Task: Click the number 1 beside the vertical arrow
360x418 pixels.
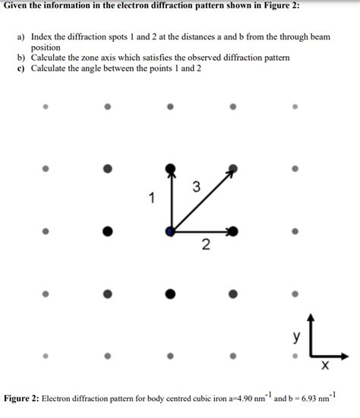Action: [152, 199]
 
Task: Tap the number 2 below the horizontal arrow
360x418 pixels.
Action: [205, 245]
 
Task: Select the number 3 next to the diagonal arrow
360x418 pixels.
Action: [197, 187]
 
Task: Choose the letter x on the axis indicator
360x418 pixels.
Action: [325, 367]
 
